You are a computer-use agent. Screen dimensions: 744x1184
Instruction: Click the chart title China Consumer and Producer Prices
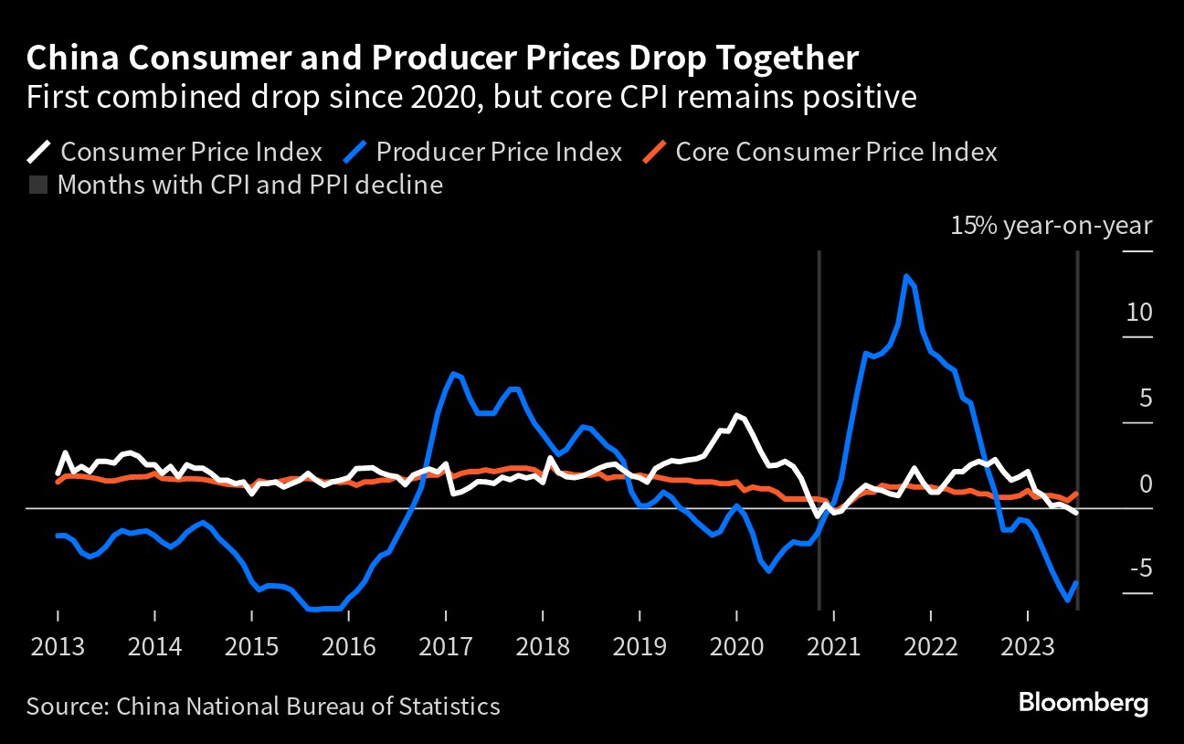coord(442,58)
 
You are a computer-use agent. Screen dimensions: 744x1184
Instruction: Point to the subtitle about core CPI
coord(470,97)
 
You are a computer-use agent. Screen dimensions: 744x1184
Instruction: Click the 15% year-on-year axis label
coord(1052,226)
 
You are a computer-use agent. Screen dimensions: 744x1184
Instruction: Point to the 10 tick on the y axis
coord(1139,313)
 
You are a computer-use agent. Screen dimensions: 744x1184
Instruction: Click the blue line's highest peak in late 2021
coord(905,275)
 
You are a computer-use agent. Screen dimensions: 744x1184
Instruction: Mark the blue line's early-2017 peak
coord(454,373)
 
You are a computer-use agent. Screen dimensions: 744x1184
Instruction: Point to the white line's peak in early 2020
coord(736,415)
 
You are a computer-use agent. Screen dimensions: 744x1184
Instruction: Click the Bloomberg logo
coord(1083,704)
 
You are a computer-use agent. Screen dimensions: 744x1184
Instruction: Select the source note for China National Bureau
coord(263,706)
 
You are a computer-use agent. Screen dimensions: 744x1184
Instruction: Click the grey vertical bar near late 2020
coord(819,430)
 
